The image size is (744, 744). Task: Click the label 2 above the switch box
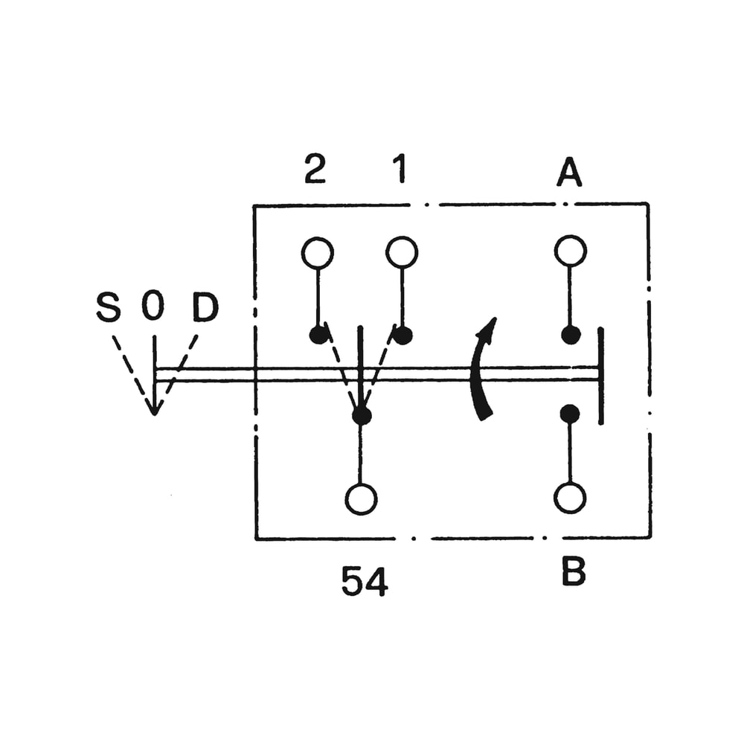315,170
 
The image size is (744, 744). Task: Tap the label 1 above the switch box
400,170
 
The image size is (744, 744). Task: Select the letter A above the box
569,173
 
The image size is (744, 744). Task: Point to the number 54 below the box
365,582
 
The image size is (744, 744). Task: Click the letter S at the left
109,307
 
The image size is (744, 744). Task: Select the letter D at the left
205,307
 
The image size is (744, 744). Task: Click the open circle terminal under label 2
318,253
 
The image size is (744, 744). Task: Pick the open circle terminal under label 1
402,253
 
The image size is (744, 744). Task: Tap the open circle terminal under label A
571,251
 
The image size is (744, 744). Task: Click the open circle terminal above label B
571,498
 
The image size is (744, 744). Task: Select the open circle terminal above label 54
362,498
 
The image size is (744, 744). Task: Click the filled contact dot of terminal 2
318,335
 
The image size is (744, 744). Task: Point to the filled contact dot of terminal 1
403,335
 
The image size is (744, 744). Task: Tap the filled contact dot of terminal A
571,335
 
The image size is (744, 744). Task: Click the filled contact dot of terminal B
571,414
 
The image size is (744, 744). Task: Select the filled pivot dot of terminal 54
362,415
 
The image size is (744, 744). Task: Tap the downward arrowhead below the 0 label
154,405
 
